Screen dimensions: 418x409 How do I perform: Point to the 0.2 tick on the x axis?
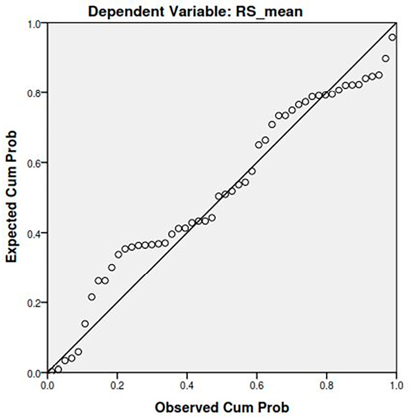117,383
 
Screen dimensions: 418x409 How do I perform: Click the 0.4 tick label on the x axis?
187,383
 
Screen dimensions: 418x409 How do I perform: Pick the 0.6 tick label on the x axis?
257,383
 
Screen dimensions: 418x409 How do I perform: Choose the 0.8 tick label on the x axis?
327,383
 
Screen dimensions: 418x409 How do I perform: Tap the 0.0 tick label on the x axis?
48,383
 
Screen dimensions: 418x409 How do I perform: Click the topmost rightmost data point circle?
393,37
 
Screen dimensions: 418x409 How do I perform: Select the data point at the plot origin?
48,372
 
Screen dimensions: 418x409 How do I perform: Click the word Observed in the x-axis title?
185,406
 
